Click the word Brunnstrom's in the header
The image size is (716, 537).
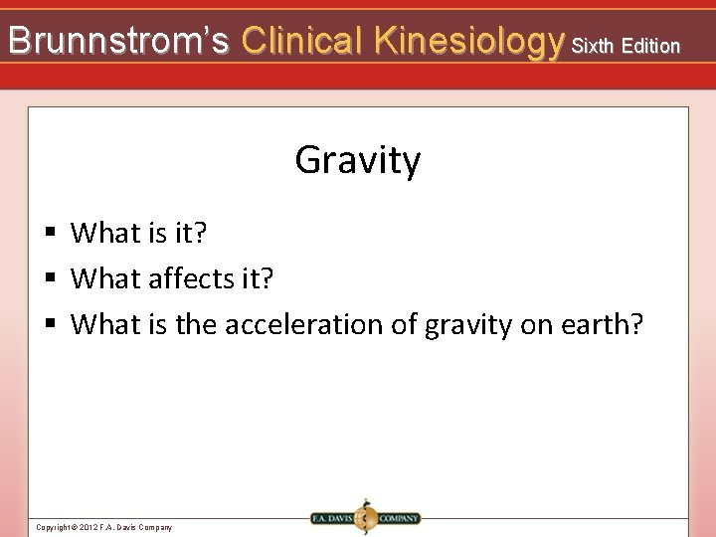point(118,41)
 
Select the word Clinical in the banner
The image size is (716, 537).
point(302,41)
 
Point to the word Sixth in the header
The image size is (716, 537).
point(593,46)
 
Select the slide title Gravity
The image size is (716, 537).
point(358,160)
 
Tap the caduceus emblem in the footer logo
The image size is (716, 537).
point(365,517)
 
